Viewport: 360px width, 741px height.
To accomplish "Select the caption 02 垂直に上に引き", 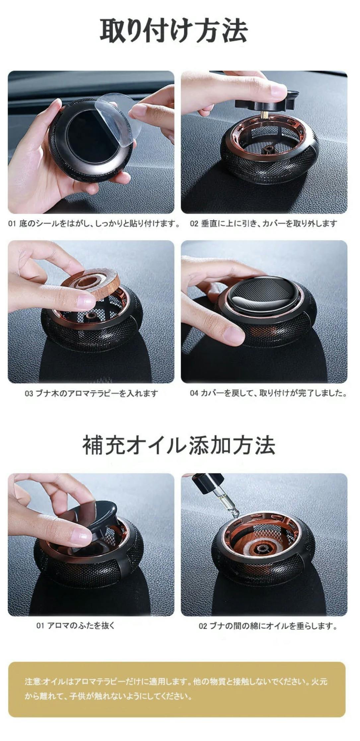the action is coord(263,224).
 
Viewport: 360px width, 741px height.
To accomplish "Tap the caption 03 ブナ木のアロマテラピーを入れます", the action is coord(91,393).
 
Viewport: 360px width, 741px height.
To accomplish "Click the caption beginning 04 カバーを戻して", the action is coord(268,393).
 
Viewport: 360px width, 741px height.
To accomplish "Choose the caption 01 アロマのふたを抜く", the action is coord(76,626).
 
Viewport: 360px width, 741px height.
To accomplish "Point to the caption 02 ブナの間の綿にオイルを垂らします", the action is coord(268,626).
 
